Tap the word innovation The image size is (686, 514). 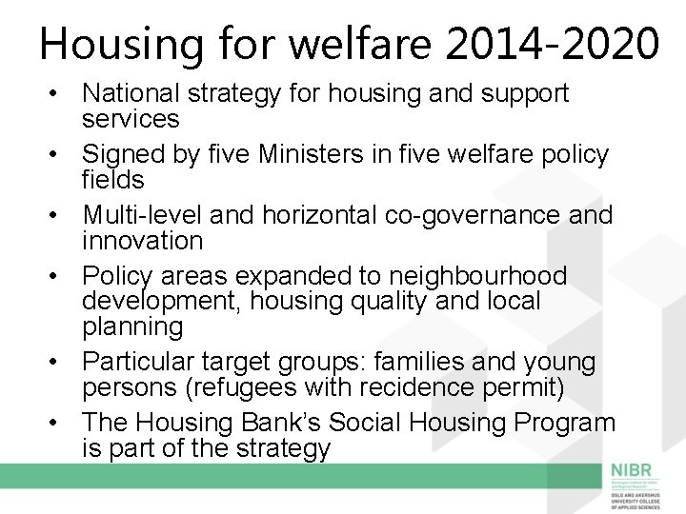click(142, 240)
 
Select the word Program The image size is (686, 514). click(562, 423)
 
